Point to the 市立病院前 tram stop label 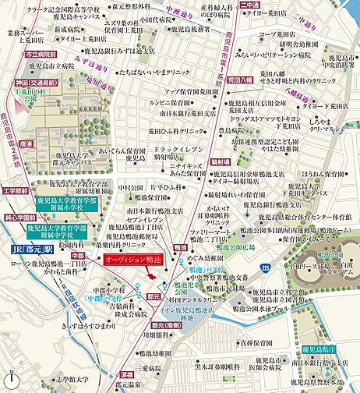[43, 55]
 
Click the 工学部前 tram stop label [16, 190]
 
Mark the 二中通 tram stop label [251, 5]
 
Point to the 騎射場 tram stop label [224, 162]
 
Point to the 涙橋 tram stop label [126, 374]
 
